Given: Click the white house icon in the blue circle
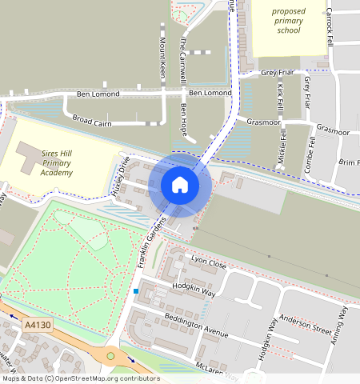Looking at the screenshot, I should (x=180, y=186).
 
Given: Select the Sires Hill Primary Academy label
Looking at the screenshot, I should (x=46, y=160).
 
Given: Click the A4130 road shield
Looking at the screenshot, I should (x=37, y=325).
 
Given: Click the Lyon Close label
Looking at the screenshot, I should (x=210, y=261).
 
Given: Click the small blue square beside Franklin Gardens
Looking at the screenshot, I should (x=137, y=290).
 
